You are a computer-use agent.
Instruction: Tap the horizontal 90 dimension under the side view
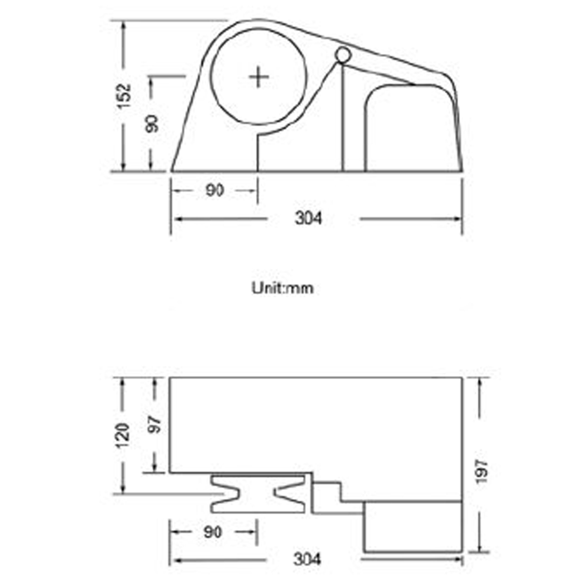click(x=215, y=190)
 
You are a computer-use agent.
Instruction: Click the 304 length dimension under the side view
click(x=308, y=218)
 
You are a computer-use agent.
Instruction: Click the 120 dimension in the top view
click(x=123, y=436)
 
